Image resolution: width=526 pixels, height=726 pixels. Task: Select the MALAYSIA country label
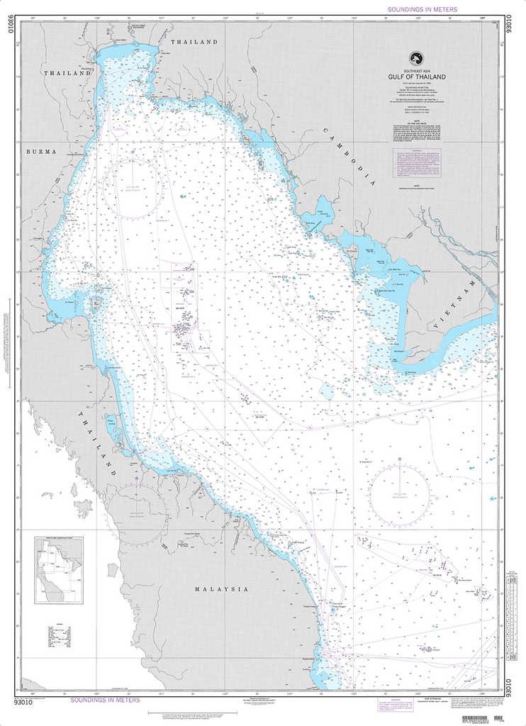(223, 589)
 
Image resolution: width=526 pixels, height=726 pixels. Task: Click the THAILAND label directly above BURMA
(68, 73)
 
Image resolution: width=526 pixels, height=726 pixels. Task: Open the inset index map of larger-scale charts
(59, 570)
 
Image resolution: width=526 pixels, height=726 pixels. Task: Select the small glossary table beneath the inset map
(59, 636)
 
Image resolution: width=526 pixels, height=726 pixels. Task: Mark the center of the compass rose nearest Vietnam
(399, 490)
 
